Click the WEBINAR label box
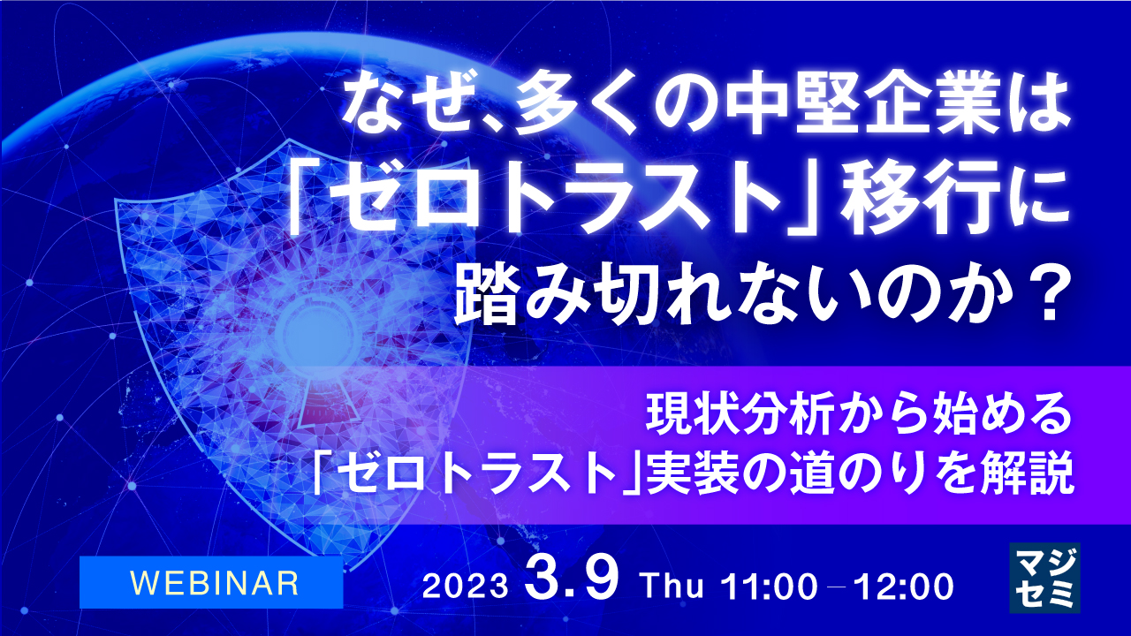tap(211, 582)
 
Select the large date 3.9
tap(575, 581)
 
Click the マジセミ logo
tap(1044, 578)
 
